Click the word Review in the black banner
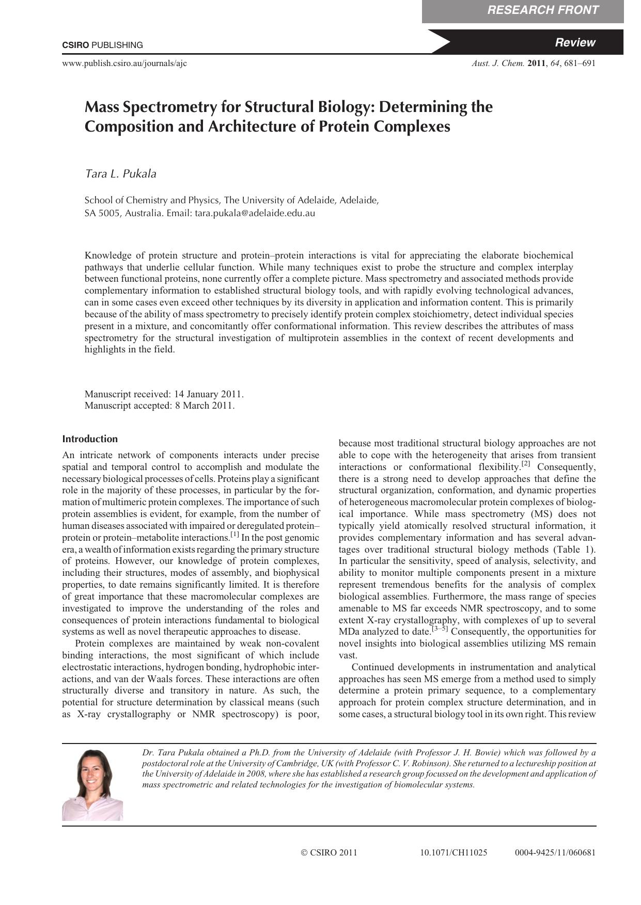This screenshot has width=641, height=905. point(575,43)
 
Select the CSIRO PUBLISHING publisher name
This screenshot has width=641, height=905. point(102,45)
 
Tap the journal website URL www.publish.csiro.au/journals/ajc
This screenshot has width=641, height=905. point(124,63)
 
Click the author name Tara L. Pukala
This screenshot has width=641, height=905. point(120,174)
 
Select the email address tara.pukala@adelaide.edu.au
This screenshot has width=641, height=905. point(255,213)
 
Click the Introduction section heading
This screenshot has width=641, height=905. point(90,439)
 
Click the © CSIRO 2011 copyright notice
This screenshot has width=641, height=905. point(329,853)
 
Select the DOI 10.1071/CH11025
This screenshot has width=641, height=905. point(454,853)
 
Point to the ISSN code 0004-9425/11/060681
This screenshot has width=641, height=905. point(555,853)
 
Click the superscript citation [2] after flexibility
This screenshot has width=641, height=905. point(526,464)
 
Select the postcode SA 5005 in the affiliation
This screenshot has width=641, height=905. point(102,213)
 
